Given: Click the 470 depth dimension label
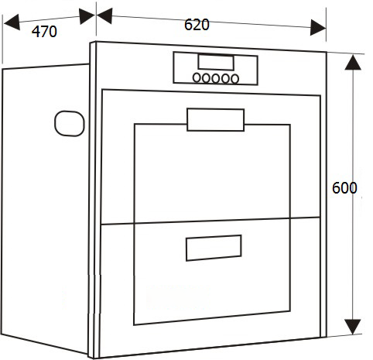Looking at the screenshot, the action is (x=44, y=32).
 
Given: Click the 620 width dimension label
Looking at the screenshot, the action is (x=197, y=25).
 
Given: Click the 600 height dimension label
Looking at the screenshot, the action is (x=344, y=188).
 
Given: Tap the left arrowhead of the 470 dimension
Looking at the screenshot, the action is (x=12, y=22).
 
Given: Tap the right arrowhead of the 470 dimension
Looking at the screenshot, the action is (x=87, y=16).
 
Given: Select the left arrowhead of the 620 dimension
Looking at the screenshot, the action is (x=104, y=15).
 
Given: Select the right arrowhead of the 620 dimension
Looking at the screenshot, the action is (x=318, y=27).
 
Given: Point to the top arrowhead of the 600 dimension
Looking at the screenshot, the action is (x=353, y=62).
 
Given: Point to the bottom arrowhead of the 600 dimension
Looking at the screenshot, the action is (x=353, y=327).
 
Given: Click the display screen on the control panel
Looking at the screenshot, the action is (x=216, y=63).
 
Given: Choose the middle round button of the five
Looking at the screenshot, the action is (x=216, y=78).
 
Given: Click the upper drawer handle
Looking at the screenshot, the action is (x=216, y=120).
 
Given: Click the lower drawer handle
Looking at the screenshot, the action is (x=214, y=248).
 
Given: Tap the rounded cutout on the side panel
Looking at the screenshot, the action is (x=70, y=123).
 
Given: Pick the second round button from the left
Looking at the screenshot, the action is (x=206, y=78).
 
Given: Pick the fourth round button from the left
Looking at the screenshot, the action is (x=225, y=78).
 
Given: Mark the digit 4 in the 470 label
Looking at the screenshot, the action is (x=36, y=32).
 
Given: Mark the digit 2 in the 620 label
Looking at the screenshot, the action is (x=197, y=25).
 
